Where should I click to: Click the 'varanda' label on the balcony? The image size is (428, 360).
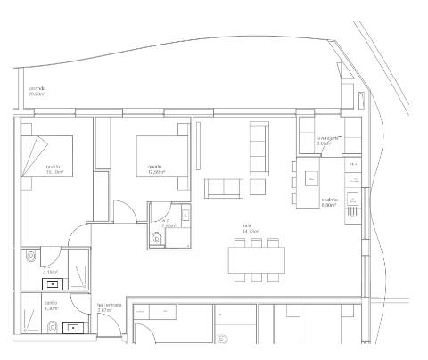click(37, 90)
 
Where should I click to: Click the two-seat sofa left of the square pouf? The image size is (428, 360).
click(223, 187)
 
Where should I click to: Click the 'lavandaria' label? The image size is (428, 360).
click(329, 139)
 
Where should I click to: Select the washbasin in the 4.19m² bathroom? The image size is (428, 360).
click(55, 284)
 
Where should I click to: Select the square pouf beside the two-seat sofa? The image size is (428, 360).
click(258, 186)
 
